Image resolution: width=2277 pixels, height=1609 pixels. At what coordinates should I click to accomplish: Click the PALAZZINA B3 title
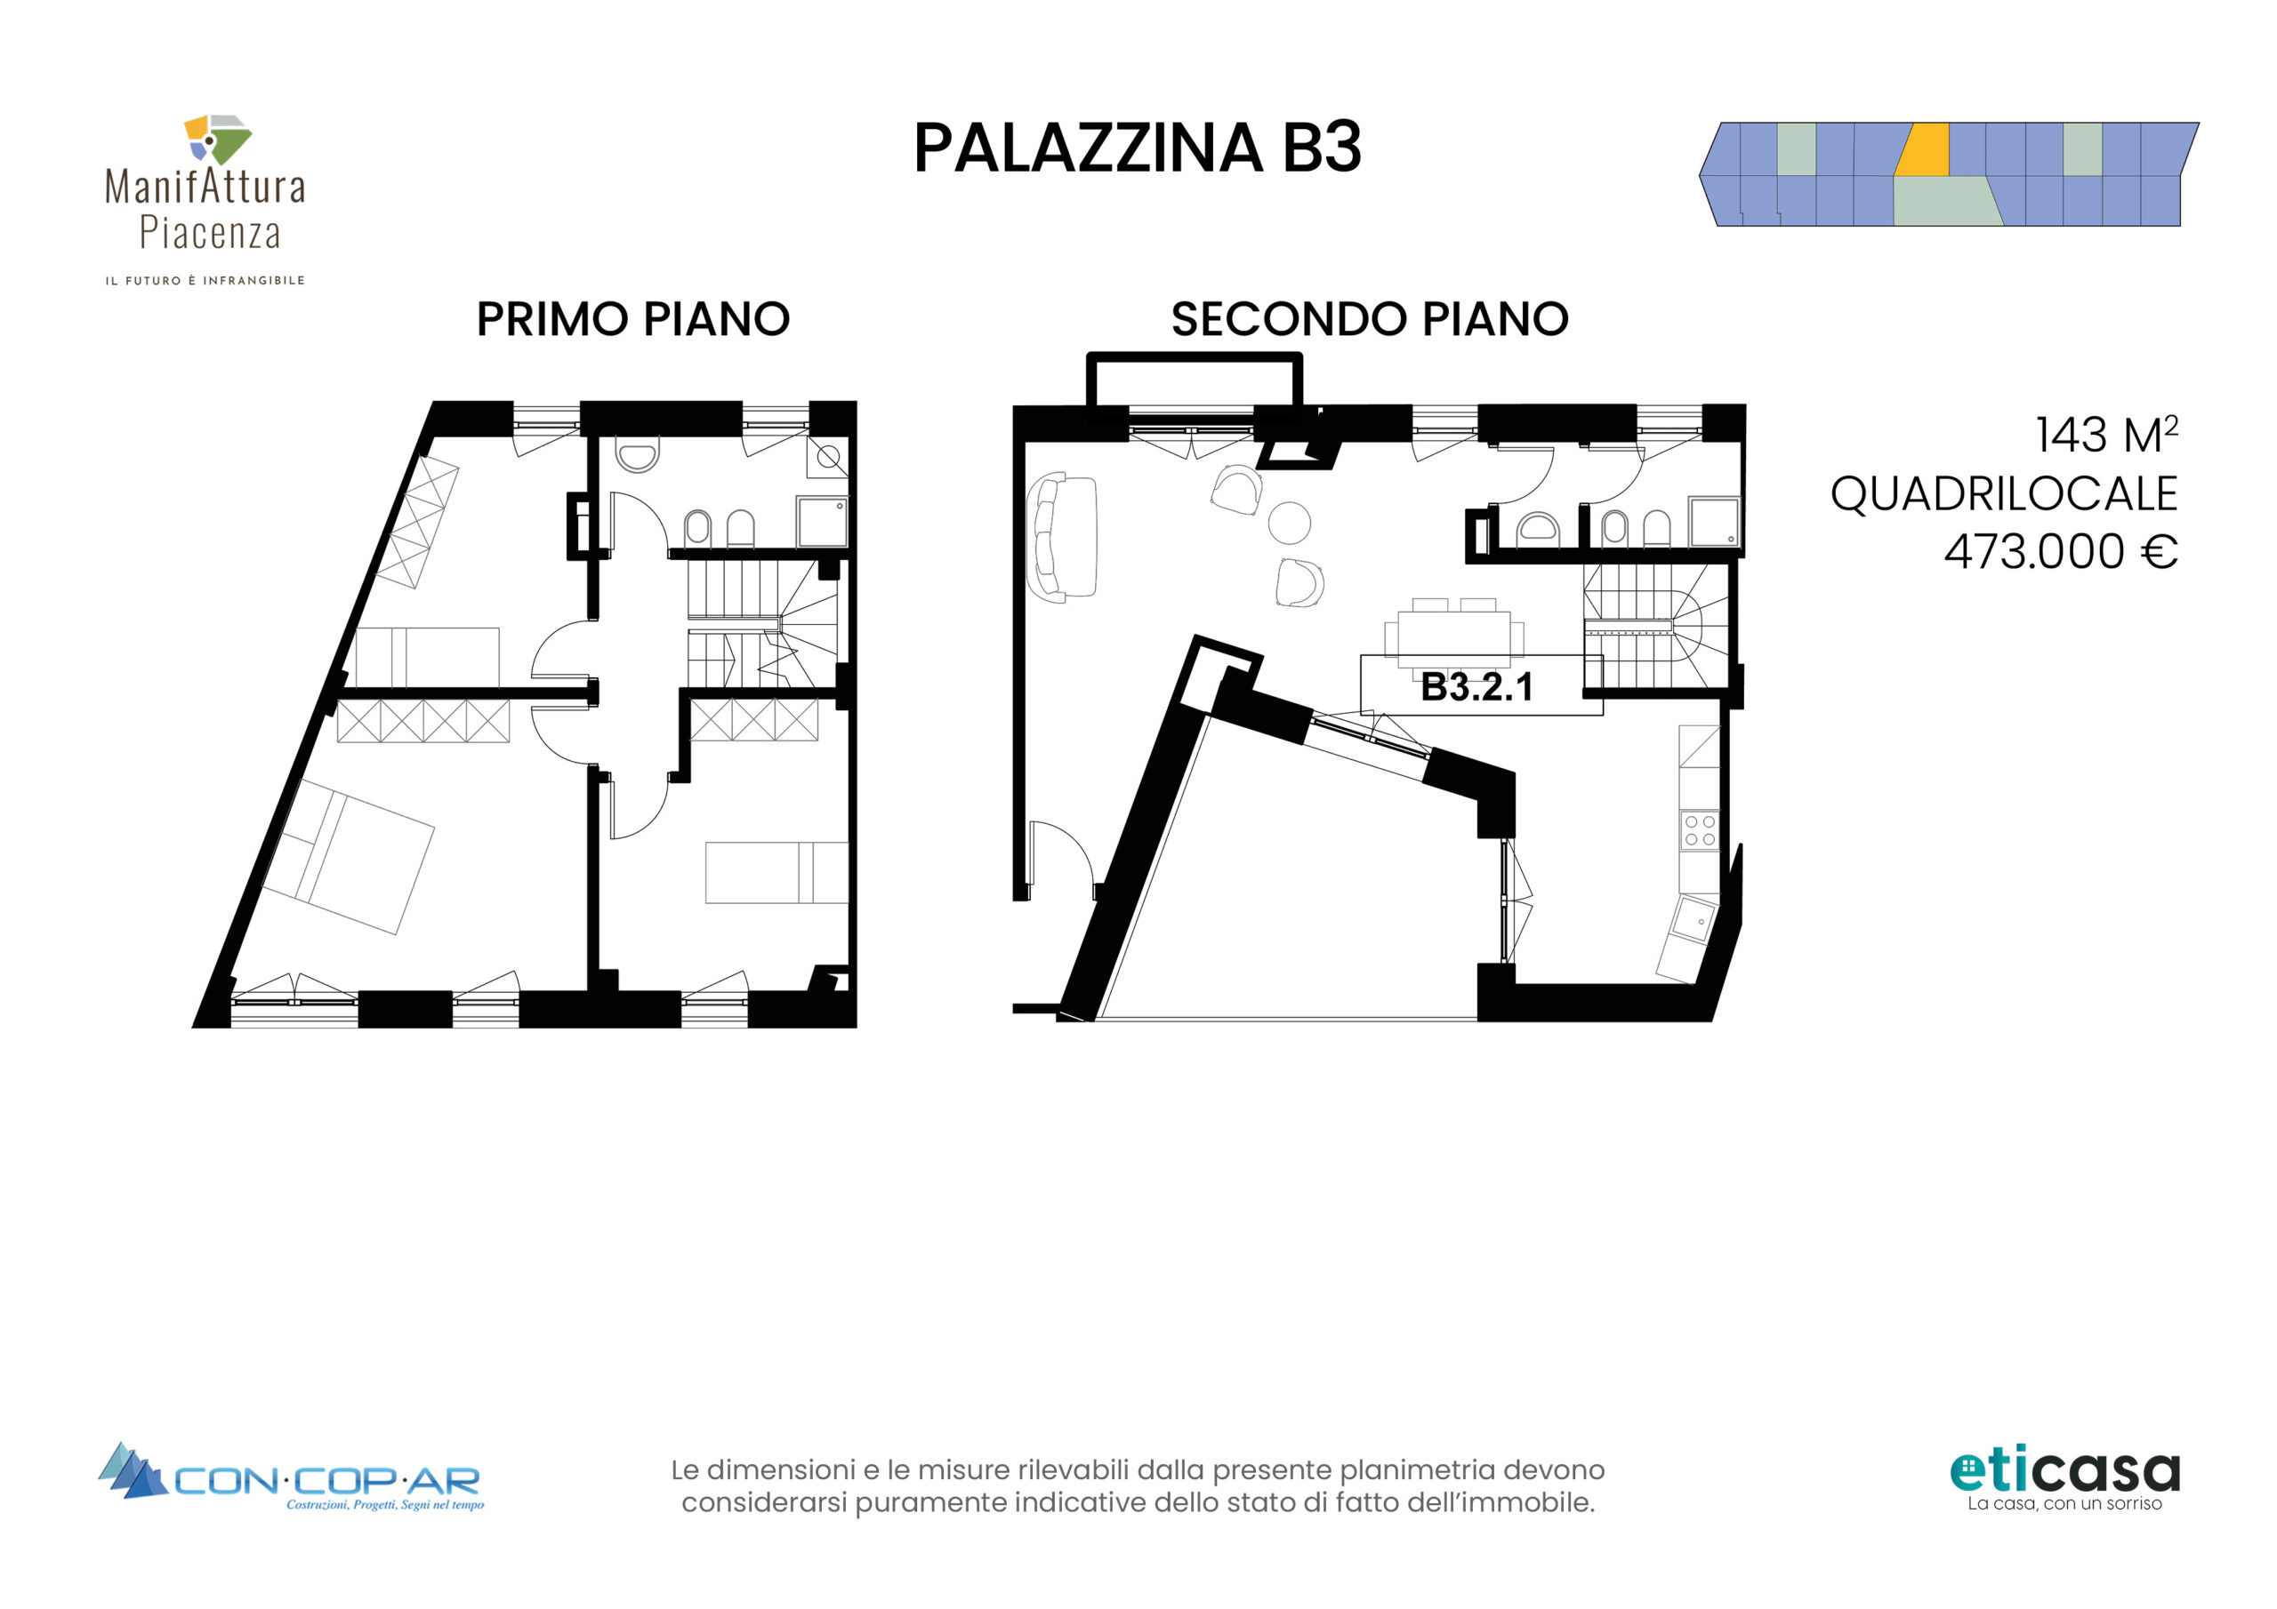(x=1138, y=148)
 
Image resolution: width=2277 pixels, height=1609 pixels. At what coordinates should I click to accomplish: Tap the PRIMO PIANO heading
(x=632, y=319)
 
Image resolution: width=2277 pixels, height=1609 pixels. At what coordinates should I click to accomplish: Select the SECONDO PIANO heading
(x=1370, y=319)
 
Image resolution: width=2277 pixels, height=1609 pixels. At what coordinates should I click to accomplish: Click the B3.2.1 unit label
(x=1476, y=686)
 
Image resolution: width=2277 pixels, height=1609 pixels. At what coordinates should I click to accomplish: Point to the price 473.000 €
(x=2061, y=551)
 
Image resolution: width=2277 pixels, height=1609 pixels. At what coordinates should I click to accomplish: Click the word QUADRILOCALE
(x=2003, y=493)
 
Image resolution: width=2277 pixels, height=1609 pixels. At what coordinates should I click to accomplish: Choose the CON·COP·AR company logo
(x=292, y=1477)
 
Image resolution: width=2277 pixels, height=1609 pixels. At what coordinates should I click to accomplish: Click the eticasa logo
(x=2064, y=1480)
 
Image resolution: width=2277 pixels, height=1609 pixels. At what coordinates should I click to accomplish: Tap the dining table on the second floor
(x=1454, y=634)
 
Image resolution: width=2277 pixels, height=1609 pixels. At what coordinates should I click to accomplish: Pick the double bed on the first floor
(x=349, y=857)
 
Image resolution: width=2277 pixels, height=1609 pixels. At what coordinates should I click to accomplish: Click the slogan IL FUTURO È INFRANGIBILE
(x=205, y=281)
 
